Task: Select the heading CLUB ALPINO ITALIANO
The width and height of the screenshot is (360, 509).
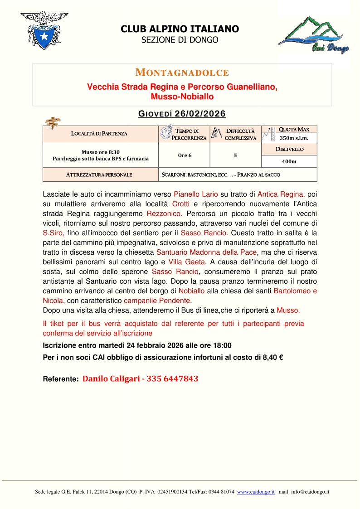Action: click(180, 29)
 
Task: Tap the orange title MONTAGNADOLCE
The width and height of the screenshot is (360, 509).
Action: click(182, 73)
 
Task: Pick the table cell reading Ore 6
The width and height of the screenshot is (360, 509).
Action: click(185, 155)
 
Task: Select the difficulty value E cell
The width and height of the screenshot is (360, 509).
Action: click(235, 155)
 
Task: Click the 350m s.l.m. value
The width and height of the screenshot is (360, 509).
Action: click(293, 138)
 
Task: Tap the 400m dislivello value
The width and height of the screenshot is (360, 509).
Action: click(289, 161)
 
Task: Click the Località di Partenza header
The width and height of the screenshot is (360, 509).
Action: click(99, 133)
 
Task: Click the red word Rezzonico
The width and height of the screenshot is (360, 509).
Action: click(165, 213)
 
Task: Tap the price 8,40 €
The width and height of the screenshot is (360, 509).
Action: click(272, 357)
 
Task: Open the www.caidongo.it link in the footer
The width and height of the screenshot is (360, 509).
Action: click(256, 491)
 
